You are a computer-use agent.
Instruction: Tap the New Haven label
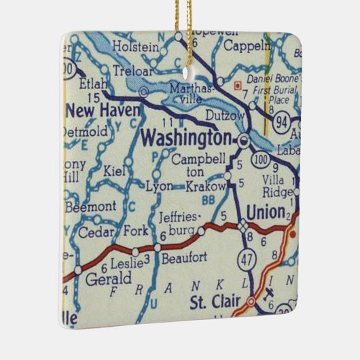point(104,109)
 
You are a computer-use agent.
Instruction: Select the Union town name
point(266,213)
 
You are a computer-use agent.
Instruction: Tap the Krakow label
point(207,186)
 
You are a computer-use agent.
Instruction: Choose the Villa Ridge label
point(275,186)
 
